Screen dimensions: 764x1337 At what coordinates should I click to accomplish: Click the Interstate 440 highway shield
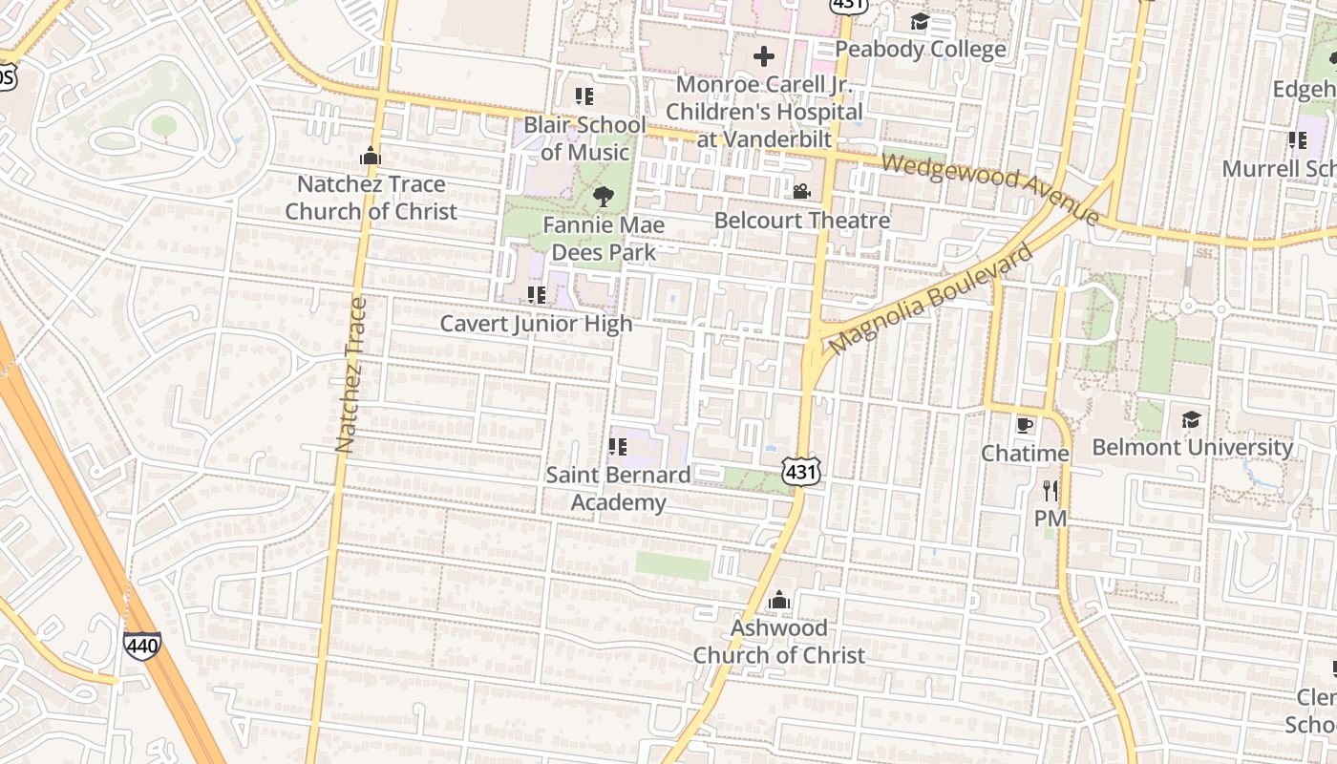click(141, 645)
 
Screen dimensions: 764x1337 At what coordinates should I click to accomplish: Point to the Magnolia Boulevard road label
click(931, 298)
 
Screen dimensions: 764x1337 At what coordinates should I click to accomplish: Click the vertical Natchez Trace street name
click(350, 374)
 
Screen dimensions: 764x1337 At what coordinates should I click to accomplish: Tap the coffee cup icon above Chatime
click(1025, 425)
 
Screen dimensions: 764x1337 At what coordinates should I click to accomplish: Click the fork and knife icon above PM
click(1050, 491)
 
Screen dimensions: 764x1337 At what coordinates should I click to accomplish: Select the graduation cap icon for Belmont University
click(1191, 419)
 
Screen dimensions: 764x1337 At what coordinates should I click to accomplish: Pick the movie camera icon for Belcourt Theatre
click(801, 192)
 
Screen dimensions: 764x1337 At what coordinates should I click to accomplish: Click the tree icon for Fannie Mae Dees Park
click(603, 198)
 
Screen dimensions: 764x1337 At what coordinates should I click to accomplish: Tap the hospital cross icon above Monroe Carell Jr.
click(764, 56)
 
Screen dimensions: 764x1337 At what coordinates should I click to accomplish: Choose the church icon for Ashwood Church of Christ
click(779, 600)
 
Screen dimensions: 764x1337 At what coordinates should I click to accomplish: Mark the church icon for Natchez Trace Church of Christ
click(371, 157)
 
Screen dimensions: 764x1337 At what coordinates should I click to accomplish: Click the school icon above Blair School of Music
click(584, 96)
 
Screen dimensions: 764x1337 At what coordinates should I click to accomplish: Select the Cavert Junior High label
click(536, 324)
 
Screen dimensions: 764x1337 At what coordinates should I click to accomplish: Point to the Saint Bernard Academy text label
click(618, 488)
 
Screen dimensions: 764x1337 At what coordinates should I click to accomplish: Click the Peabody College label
click(921, 49)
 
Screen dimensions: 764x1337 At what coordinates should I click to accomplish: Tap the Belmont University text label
click(1192, 447)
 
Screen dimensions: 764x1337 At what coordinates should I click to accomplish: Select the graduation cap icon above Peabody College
click(920, 21)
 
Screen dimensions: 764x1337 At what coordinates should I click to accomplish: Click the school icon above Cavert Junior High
click(536, 295)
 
